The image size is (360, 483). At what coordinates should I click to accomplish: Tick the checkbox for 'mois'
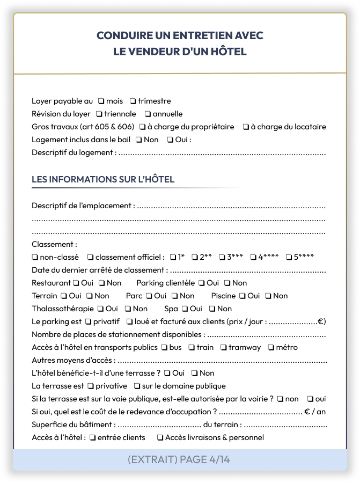101,101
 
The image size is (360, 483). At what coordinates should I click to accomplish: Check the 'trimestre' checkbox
133,101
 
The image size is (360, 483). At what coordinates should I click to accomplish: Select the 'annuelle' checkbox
148,114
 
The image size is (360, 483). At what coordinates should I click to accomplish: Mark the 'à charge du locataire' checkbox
246,127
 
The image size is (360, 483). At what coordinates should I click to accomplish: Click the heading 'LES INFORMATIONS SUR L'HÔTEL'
103,179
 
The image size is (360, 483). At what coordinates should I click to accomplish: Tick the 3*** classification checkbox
222,257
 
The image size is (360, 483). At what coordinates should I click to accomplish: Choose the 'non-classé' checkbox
35,257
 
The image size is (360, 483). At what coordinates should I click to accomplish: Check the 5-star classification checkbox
288,257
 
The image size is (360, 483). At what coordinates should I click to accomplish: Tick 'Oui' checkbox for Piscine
242,296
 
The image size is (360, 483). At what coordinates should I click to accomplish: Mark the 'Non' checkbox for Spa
212,309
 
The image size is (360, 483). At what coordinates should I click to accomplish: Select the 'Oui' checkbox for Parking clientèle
201,283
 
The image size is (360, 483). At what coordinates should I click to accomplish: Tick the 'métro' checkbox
271,347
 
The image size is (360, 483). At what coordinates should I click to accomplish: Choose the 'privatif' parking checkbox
88,321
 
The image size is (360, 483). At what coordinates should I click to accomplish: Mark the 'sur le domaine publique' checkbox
137,386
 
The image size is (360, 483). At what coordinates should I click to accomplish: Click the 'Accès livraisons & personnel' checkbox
160,437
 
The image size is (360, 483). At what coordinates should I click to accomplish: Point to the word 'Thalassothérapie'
62,309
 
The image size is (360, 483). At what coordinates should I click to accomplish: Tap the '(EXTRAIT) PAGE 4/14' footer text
180,459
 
